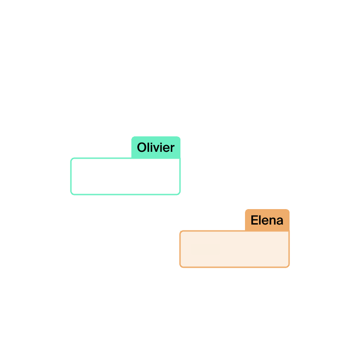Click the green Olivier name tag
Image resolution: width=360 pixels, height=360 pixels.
(156, 147)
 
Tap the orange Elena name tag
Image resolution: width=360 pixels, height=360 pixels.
(267, 220)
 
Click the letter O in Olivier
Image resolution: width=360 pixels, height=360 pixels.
(141, 148)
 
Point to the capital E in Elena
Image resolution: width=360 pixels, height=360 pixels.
(254, 220)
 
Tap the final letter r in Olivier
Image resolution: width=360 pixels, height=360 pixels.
(172, 148)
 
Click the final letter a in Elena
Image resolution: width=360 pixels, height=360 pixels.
(280, 221)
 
